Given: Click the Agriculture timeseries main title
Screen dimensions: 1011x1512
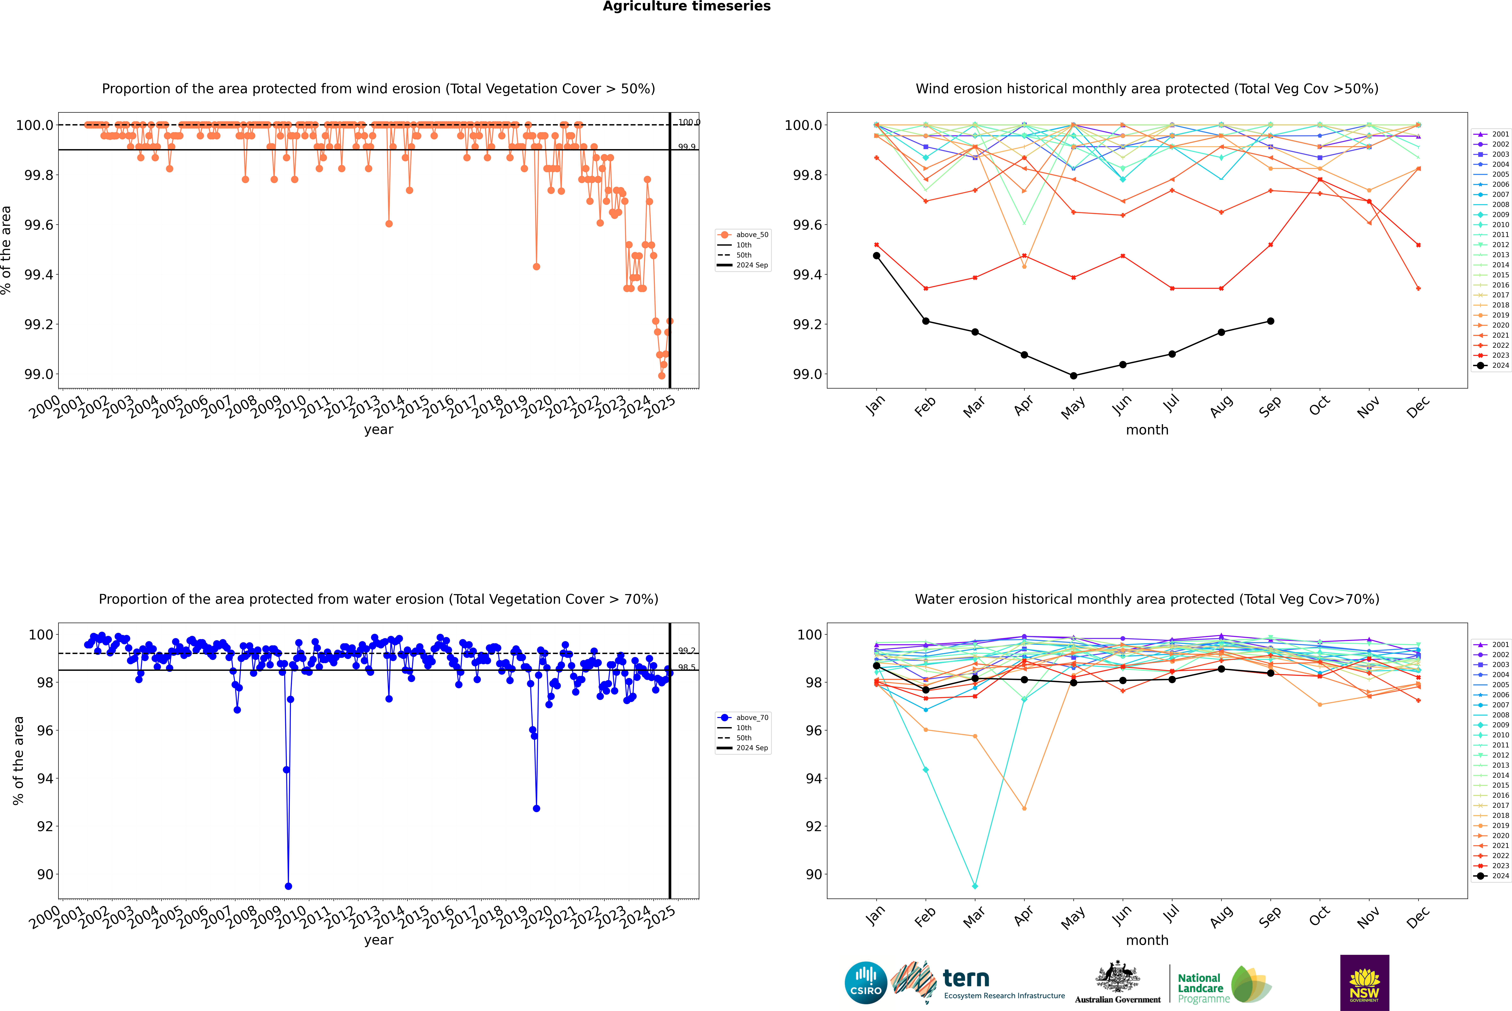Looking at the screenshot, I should tap(686, 6).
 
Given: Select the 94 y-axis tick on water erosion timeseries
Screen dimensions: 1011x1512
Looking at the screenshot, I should tap(45, 778).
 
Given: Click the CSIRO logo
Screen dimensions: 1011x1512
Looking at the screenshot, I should tap(866, 983).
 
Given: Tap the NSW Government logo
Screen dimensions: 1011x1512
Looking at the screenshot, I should tap(1364, 983).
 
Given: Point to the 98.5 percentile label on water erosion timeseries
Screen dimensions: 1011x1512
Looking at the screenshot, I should tap(686, 667).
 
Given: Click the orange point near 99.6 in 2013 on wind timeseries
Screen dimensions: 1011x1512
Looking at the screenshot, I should tap(389, 224).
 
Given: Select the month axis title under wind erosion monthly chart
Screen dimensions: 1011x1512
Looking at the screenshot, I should tap(1147, 430).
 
